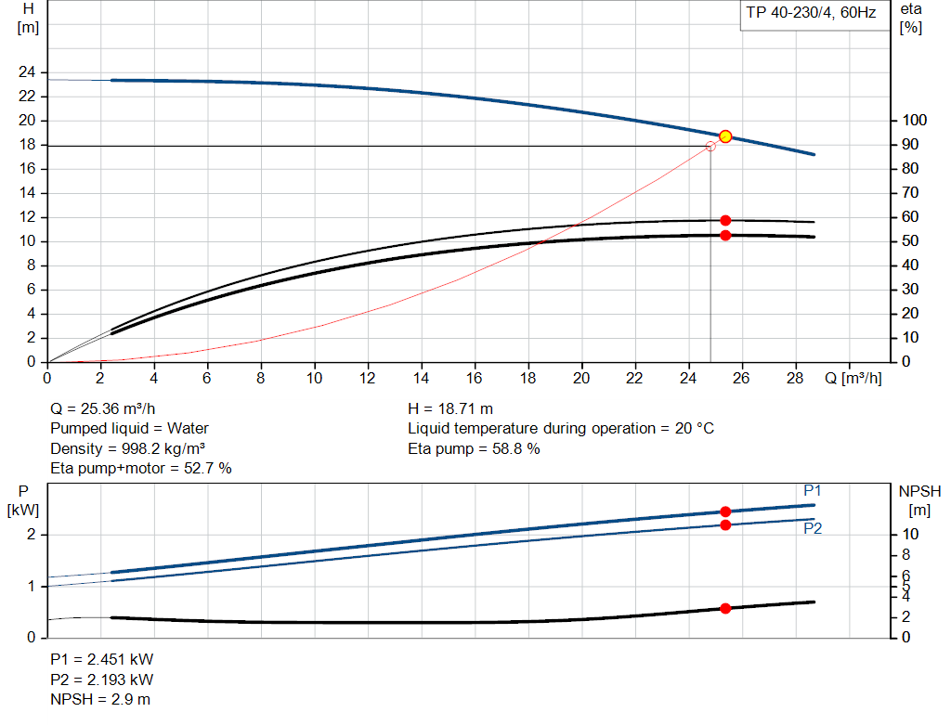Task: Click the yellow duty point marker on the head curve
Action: point(725,136)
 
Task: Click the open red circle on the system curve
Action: point(711,146)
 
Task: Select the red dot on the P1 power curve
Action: point(725,511)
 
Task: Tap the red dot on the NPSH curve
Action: point(725,608)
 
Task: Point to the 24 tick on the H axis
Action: point(27,72)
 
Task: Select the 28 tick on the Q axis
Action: point(796,379)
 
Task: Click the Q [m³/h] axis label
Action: point(852,379)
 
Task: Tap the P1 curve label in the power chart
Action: point(813,491)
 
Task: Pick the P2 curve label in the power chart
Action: point(813,528)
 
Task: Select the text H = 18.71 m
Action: point(450,408)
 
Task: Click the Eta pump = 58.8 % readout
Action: point(474,448)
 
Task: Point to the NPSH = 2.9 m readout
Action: point(99,699)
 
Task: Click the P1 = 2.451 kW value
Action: point(101,659)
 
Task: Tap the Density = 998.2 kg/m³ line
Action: point(127,448)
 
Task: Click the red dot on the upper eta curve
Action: point(725,220)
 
